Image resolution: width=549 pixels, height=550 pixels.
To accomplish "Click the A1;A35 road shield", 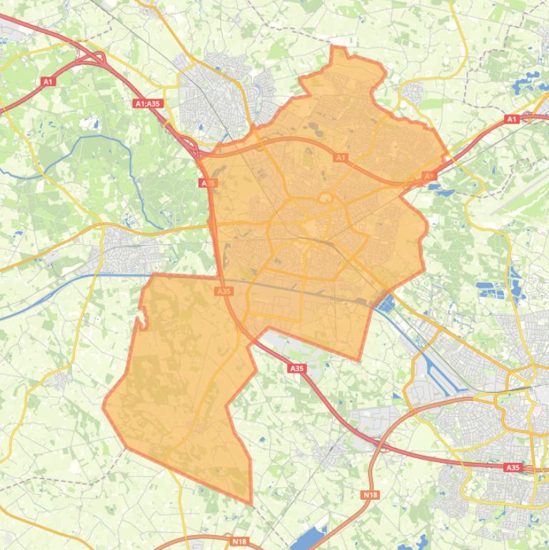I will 148,104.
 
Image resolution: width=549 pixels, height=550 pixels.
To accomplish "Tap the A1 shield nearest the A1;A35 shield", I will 49,82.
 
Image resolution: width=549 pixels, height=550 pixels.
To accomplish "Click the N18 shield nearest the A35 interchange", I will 369,494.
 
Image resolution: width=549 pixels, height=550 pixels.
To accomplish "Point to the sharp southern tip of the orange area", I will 251,502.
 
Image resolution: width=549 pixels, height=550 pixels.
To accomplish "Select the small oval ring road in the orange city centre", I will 325,198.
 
